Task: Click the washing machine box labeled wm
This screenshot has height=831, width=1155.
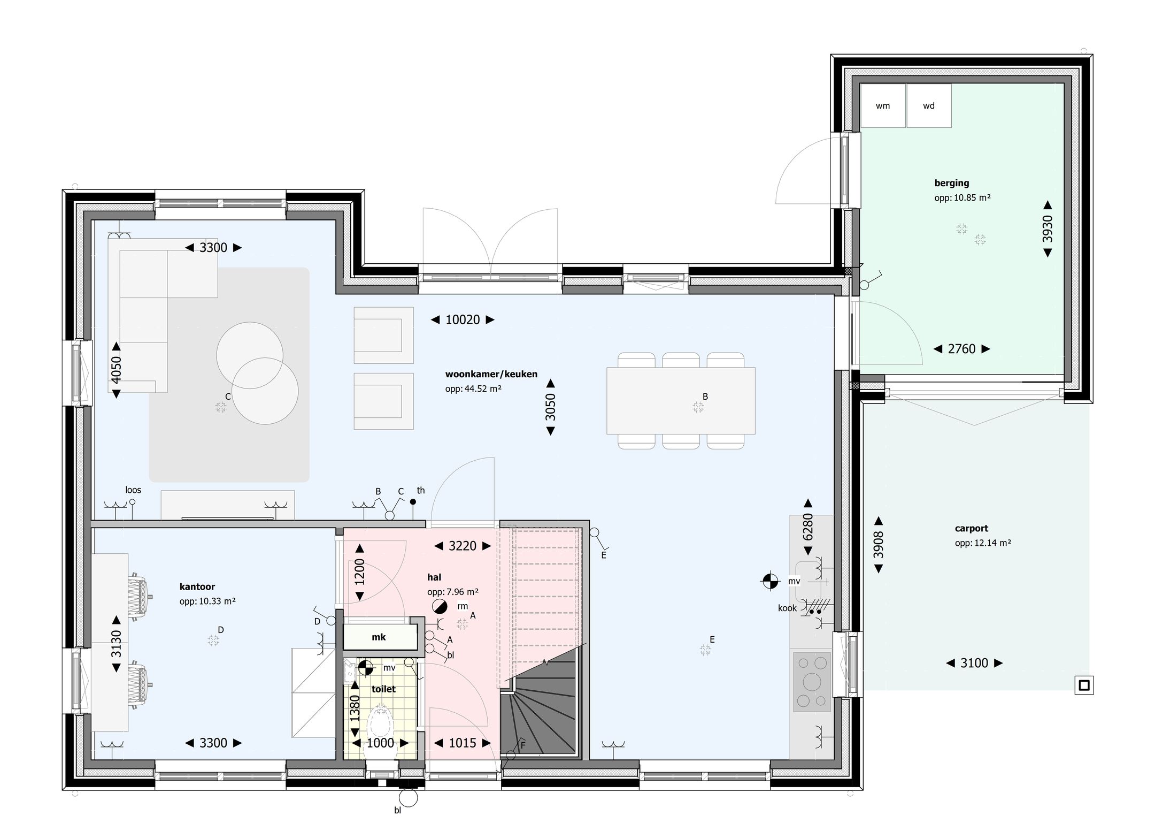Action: click(883, 106)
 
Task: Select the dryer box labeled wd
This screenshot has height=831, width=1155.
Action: click(929, 106)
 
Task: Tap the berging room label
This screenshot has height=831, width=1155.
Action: click(951, 183)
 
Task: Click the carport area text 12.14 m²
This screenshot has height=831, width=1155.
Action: click(983, 543)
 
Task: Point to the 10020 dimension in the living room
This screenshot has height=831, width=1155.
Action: click(463, 320)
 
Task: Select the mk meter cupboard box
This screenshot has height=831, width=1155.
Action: click(379, 637)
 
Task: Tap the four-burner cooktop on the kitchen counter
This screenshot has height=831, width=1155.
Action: click(812, 681)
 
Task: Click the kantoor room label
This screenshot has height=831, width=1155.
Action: click(197, 586)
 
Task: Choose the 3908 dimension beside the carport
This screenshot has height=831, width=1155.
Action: click(878, 545)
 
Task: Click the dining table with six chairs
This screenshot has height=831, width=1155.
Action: click(681, 400)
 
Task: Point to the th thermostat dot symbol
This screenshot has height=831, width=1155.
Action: click(413, 502)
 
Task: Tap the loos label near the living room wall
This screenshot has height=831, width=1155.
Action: click(133, 490)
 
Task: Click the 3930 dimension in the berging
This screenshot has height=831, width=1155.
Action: click(1048, 229)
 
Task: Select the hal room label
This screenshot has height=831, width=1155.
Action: click(434, 577)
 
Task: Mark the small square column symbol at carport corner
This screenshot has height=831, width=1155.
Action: click(1084, 685)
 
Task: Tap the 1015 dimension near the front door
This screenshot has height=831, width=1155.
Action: click(462, 743)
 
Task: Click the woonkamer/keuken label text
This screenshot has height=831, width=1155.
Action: click(491, 374)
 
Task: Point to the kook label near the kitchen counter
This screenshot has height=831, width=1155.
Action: click(787, 608)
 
